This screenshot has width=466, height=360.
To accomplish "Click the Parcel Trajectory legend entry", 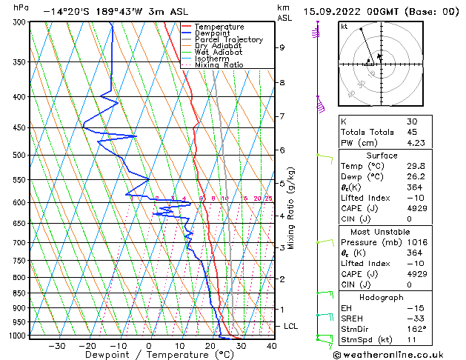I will click(228, 39).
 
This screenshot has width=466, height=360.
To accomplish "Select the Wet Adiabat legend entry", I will click(219, 52).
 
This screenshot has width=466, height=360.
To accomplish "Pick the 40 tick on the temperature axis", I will click(271, 346).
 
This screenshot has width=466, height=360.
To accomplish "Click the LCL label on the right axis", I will click(291, 326).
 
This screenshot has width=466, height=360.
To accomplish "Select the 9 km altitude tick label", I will click(282, 47).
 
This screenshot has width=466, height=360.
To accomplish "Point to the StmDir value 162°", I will click(416, 329).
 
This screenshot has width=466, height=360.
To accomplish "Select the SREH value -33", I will click(414, 318).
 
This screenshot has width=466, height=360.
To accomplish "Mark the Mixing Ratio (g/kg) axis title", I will click(292, 207).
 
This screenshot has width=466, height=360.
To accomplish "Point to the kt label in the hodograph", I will click(344, 26).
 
